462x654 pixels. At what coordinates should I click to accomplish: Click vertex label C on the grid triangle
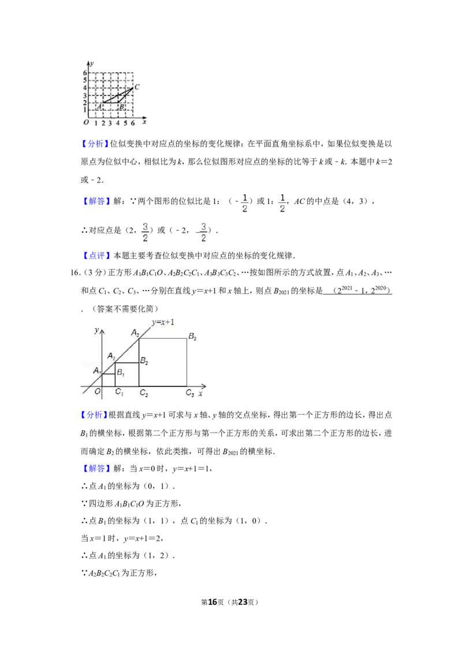137,87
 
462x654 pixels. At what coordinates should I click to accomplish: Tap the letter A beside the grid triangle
98,106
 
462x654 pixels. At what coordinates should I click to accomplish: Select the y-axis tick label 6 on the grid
85,73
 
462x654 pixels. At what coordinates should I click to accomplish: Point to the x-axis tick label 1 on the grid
96,124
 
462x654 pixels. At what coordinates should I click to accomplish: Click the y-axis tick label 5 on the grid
85,80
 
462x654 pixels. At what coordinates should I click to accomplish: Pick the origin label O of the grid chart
85,123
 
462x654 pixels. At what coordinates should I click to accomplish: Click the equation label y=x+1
163,322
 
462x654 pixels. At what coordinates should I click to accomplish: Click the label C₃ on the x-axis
189,393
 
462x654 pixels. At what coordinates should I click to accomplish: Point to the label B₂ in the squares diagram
144,362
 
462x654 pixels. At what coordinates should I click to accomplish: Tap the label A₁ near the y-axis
96,371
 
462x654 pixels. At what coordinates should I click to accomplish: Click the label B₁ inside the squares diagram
120,373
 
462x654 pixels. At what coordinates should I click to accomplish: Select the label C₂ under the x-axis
144,393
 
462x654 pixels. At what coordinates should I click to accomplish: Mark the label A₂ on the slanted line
111,356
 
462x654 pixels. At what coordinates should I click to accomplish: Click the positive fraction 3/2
146,232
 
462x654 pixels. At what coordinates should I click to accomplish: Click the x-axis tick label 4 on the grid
118,124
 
